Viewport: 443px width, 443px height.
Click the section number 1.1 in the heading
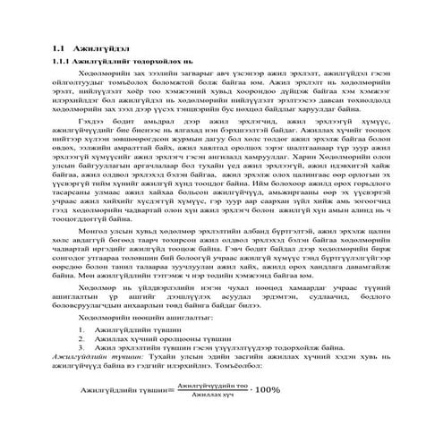(x=60, y=46)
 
